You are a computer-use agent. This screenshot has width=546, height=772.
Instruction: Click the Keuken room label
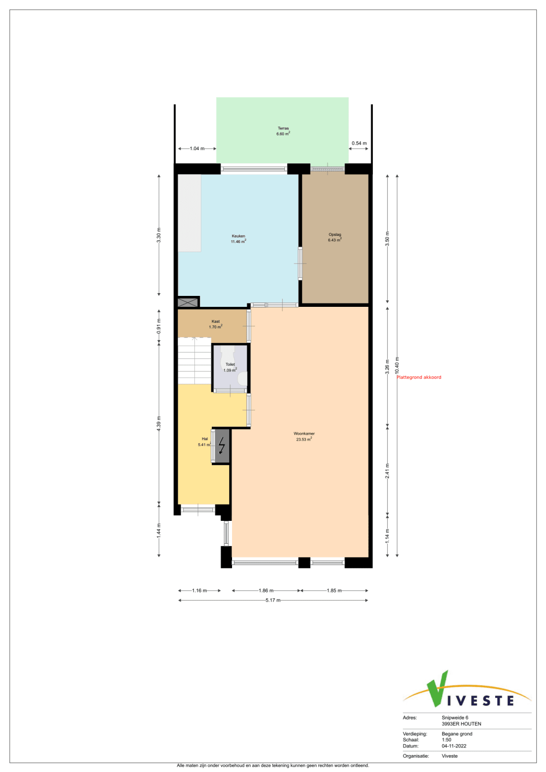[x=238, y=236]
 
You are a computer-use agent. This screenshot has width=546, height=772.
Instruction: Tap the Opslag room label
[x=335, y=235]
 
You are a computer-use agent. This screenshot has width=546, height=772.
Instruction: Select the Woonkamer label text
[x=304, y=433]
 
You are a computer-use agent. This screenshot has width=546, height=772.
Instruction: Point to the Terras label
[x=283, y=128]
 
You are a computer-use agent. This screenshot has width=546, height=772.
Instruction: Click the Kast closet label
[x=216, y=321]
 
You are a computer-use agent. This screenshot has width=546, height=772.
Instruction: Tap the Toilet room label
[x=230, y=364]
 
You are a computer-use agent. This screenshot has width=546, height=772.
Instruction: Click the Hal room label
[x=205, y=439]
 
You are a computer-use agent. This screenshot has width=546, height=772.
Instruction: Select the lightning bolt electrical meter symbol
[x=222, y=446]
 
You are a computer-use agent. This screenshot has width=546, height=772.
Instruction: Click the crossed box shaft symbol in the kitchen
[x=188, y=302]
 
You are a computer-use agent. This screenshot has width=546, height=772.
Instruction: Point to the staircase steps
[x=194, y=361]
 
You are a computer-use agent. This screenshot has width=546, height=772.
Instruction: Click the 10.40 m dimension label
[x=397, y=365]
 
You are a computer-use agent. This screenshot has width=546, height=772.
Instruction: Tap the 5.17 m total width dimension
[x=273, y=600]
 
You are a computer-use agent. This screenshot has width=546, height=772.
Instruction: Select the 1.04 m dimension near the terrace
[x=197, y=149]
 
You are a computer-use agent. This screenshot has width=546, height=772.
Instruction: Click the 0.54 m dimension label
[x=359, y=143]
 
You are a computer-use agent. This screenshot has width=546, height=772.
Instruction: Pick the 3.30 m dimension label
[x=158, y=235]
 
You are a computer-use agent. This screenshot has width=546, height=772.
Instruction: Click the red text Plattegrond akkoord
[x=419, y=377]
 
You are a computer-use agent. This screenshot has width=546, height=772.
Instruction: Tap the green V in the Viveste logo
[x=437, y=688]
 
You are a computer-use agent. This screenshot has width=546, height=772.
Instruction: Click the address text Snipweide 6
[x=455, y=717]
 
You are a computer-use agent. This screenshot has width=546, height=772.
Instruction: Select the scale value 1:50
[x=447, y=740]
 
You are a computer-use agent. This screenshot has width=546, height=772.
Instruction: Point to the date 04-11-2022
[x=454, y=746]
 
